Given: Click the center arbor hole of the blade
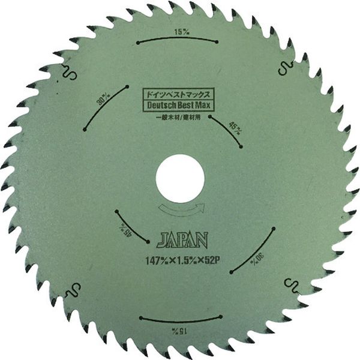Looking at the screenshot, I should click(x=180, y=179).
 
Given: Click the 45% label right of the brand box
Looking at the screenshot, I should click(x=236, y=127).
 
